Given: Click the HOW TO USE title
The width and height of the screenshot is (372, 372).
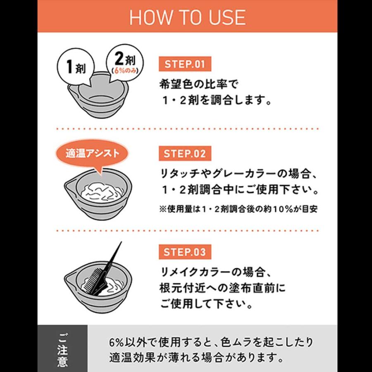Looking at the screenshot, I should click(187, 17).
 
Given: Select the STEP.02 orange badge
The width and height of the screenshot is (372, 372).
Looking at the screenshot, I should click(185, 153).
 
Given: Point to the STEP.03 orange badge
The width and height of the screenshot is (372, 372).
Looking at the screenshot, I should click(185, 252).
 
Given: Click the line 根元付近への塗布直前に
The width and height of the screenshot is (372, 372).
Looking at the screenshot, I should click(222, 288).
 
